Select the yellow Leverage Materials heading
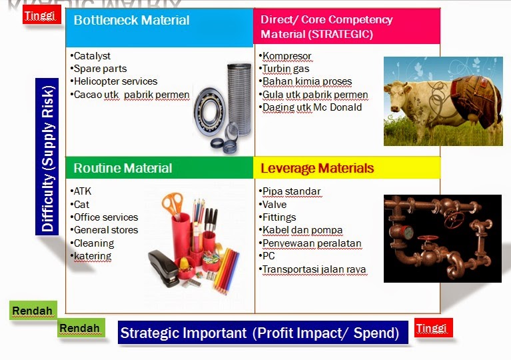pyautogui.click(x=317, y=168)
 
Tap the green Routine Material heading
pyautogui.click(x=123, y=168)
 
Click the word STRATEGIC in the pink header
pyautogui.click(x=339, y=34)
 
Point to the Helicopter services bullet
pyautogui.click(x=115, y=81)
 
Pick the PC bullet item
pyautogui.click(x=268, y=257)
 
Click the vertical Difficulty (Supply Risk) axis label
pyautogui.click(x=48, y=157)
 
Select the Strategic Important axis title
pyautogui.click(x=259, y=333)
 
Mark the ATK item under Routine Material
pyautogui.click(x=83, y=191)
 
